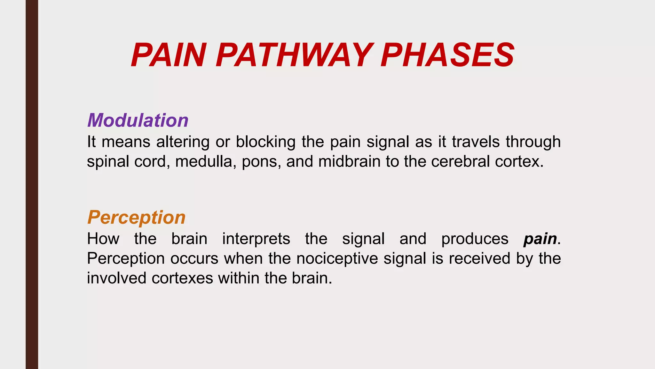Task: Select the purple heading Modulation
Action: pyautogui.click(x=138, y=120)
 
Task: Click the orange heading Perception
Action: pyautogui.click(x=136, y=217)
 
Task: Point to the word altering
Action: pyautogui.click(x=183, y=142)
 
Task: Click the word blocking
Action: pyautogui.click(x=265, y=142)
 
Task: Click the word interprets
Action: pyautogui.click(x=256, y=239)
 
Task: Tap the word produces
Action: pyautogui.click(x=475, y=239)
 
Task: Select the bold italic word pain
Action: pyautogui.click(x=540, y=239)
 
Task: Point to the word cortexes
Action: pyautogui.click(x=182, y=278)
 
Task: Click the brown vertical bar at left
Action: pyautogui.click(x=32, y=184)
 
